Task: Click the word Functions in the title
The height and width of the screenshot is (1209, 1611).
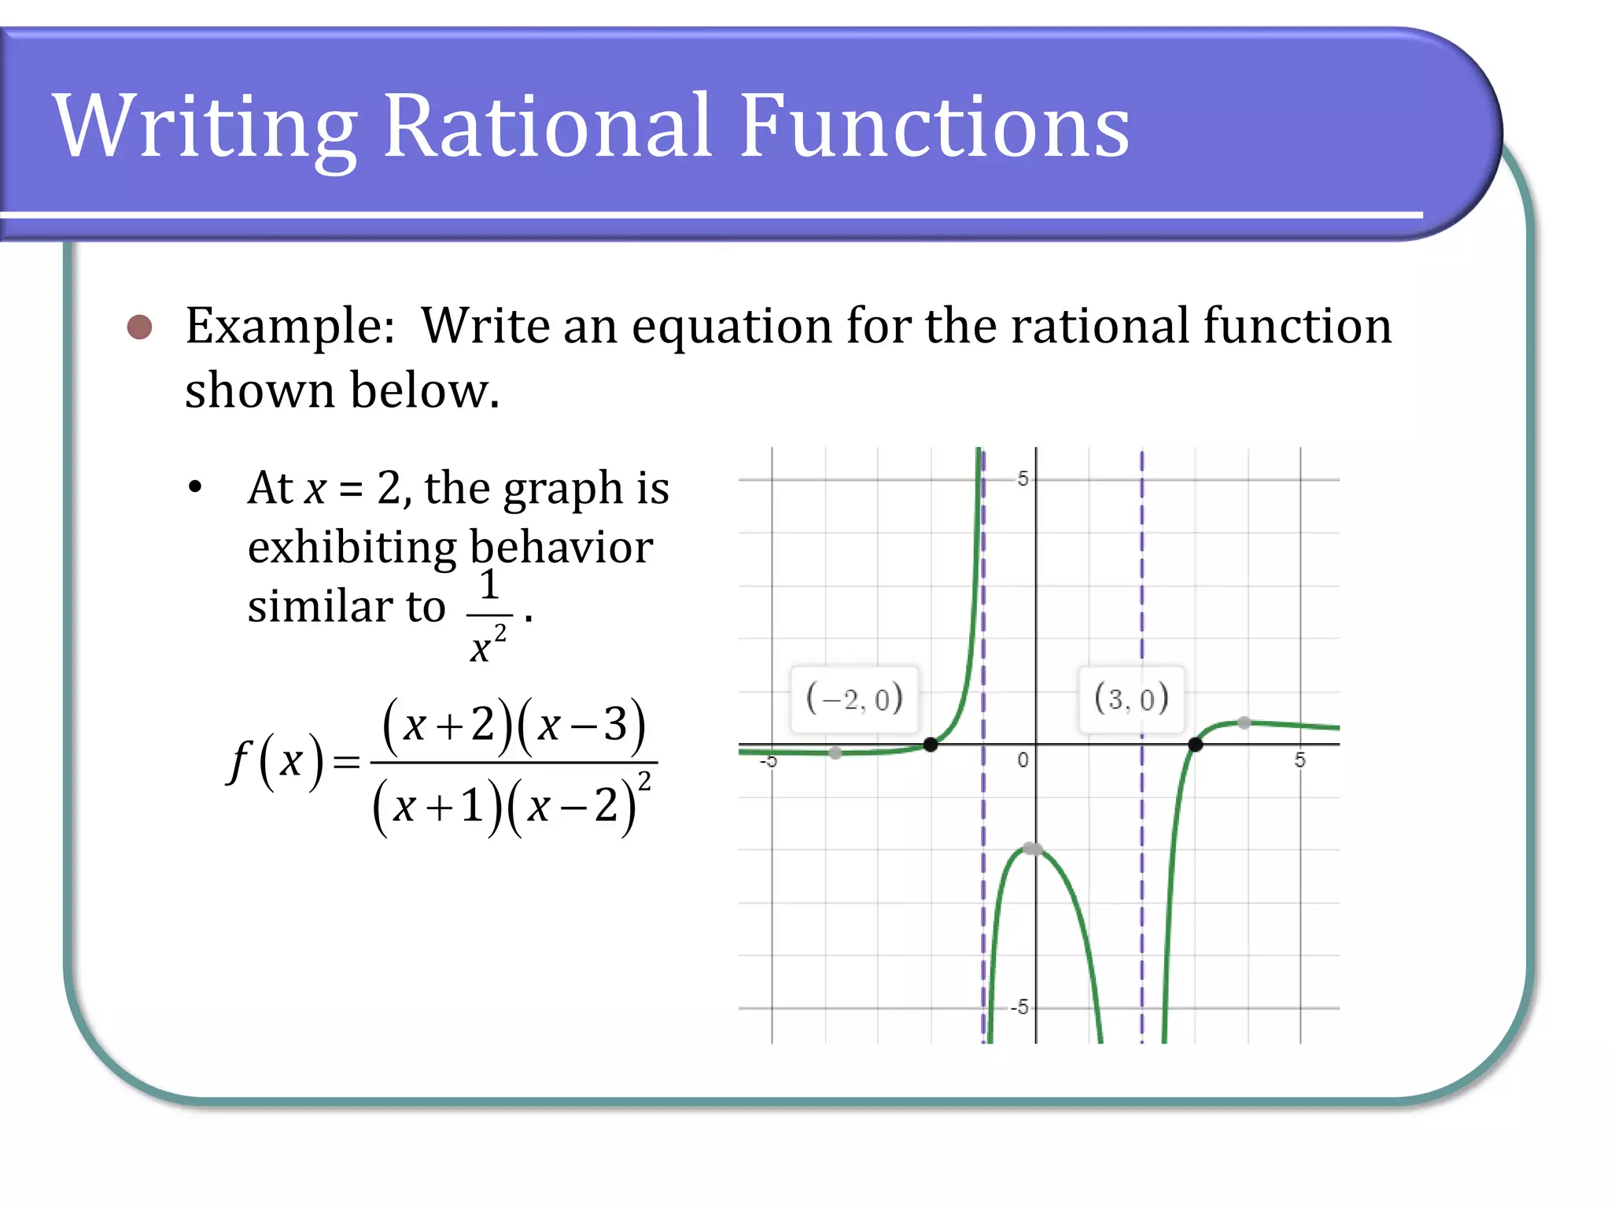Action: click(x=934, y=126)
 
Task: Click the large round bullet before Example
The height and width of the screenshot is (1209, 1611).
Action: click(x=140, y=327)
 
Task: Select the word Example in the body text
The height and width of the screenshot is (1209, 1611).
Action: click(x=289, y=326)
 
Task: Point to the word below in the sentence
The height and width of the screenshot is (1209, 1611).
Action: click(x=423, y=390)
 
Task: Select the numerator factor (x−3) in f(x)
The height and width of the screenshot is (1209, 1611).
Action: click(x=581, y=724)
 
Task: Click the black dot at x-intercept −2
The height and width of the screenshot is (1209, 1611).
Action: click(x=930, y=744)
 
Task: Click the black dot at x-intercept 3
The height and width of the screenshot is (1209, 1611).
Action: click(x=1195, y=744)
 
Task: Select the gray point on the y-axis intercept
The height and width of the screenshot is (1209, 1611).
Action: click(x=1033, y=849)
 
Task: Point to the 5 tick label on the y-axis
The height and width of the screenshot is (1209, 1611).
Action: click(x=1022, y=479)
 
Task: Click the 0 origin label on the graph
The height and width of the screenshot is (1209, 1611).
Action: click(x=1022, y=760)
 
